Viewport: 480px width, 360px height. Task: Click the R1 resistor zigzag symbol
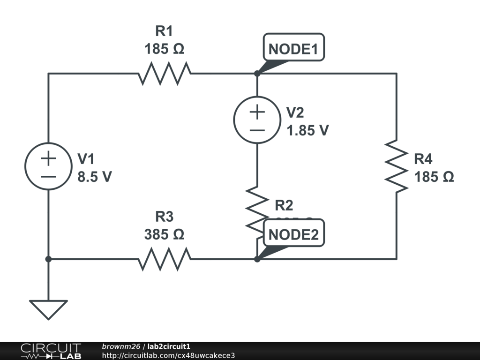tap(164, 74)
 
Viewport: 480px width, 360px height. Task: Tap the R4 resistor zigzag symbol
tap(397, 166)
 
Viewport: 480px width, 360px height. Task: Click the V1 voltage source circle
tap(48, 166)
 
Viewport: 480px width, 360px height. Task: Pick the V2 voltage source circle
tap(257, 120)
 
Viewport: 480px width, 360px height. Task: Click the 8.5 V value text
tap(94, 177)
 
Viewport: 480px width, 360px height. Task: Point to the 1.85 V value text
tap(307, 130)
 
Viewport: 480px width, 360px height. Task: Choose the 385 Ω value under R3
tap(164, 233)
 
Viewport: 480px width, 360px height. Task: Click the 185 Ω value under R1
tap(164, 48)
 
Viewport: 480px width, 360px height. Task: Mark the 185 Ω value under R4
tap(434, 177)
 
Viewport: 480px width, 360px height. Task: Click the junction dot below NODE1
tap(257, 74)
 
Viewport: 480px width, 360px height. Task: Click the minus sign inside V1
tap(48, 176)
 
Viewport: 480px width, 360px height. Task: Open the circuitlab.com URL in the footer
tap(168, 355)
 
